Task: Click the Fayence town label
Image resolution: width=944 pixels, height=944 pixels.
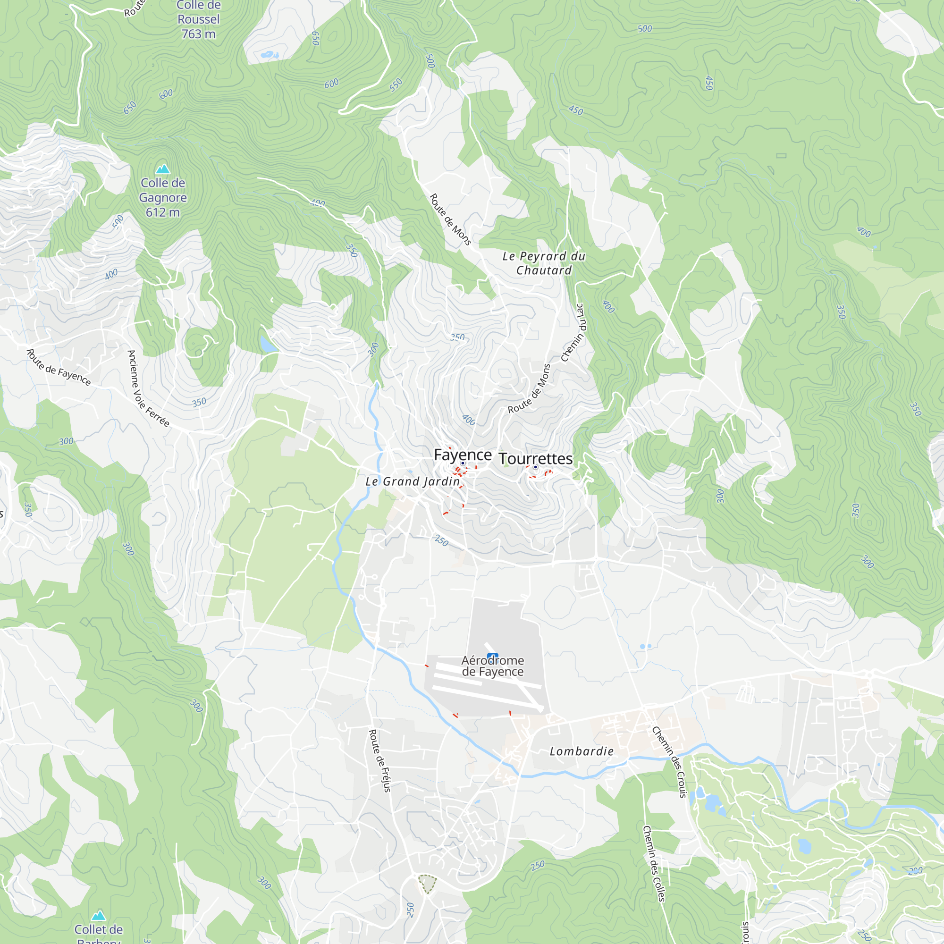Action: [462, 455]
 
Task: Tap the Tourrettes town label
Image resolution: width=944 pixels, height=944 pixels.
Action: [536, 458]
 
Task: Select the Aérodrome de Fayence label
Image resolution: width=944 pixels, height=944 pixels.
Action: [492, 666]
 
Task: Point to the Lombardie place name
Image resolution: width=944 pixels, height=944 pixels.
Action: [582, 751]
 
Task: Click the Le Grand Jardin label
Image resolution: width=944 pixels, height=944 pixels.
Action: [413, 481]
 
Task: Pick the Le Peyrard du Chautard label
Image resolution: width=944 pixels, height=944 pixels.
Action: [544, 263]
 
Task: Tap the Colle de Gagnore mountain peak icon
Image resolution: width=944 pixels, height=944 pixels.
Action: [162, 169]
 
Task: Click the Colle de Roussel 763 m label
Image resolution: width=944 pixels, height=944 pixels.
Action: [198, 19]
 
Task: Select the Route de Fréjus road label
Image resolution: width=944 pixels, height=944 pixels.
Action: [379, 760]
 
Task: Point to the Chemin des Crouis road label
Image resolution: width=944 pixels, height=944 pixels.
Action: [670, 762]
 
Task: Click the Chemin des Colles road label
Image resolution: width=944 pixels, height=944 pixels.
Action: [654, 863]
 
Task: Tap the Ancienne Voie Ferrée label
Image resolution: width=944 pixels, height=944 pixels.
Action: [148, 388]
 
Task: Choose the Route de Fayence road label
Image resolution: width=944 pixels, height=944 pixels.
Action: [59, 367]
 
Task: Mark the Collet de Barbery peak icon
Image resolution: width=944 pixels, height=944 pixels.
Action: [99, 915]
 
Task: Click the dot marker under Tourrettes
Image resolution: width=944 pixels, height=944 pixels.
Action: [536, 467]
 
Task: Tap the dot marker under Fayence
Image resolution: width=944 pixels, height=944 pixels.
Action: [462, 463]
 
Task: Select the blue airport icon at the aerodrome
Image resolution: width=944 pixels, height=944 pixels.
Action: [492, 656]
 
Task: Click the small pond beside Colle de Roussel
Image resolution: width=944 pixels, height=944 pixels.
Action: [269, 55]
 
